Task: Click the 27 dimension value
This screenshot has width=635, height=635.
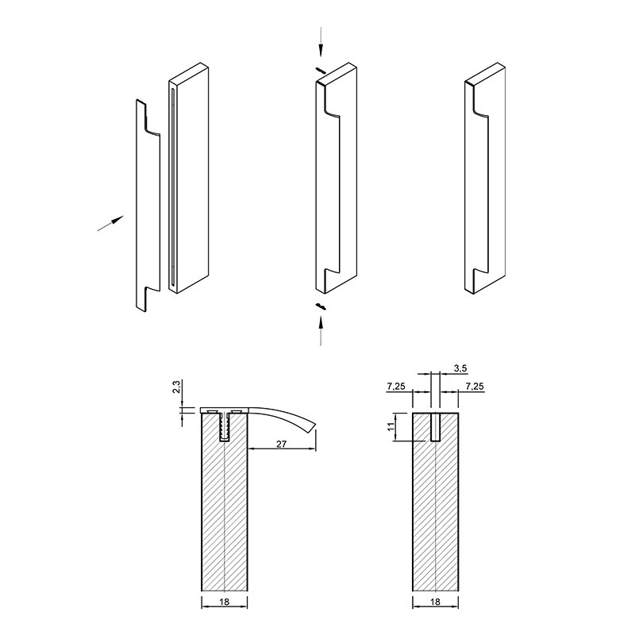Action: click(282, 444)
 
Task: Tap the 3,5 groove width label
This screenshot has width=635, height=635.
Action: click(460, 368)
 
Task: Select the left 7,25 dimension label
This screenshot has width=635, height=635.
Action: click(395, 387)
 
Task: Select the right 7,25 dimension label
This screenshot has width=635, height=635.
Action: click(475, 387)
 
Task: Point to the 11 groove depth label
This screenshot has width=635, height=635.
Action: click(391, 426)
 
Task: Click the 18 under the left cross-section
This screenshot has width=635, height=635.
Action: click(224, 602)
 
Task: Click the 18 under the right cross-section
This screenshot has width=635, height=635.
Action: click(435, 602)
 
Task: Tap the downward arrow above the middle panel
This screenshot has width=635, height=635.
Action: click(321, 42)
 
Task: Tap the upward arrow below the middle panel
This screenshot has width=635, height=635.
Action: click(321, 331)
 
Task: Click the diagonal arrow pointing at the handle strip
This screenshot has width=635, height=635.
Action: click(110, 224)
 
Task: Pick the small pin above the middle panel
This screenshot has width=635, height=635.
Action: click(321, 70)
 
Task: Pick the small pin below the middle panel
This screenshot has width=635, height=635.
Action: click(321, 306)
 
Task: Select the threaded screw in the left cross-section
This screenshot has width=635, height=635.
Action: click(224, 426)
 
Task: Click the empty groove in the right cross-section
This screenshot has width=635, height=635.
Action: click(435, 427)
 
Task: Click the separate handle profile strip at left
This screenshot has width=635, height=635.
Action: click(148, 206)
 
